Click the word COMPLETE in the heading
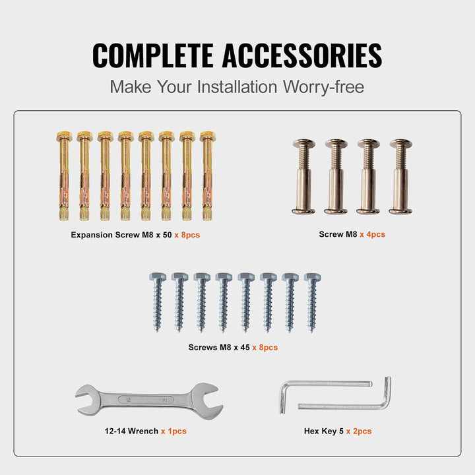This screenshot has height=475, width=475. (153, 55)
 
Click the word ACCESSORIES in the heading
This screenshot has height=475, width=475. (302, 55)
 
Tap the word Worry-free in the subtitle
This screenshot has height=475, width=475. (323, 86)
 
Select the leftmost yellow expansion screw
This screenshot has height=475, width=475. (64, 175)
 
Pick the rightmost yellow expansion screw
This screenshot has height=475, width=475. (208, 175)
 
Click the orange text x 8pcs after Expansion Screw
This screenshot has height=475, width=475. (187, 235)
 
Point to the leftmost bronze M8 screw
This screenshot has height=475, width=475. (304, 177)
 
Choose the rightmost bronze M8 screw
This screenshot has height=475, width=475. (401, 177)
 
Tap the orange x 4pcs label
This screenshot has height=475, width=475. (372, 234)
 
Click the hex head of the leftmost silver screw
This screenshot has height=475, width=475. (158, 277)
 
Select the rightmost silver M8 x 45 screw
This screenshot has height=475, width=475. (312, 302)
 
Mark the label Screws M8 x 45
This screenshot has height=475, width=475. (219, 347)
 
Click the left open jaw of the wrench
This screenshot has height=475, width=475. (86, 400)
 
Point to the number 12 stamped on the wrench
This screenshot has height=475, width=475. (128, 400)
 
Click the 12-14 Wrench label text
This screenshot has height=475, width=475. (131, 431)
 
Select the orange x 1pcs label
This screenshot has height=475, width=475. (174, 431)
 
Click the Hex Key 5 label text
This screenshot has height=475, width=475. (324, 431)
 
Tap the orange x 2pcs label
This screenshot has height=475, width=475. (359, 431)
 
